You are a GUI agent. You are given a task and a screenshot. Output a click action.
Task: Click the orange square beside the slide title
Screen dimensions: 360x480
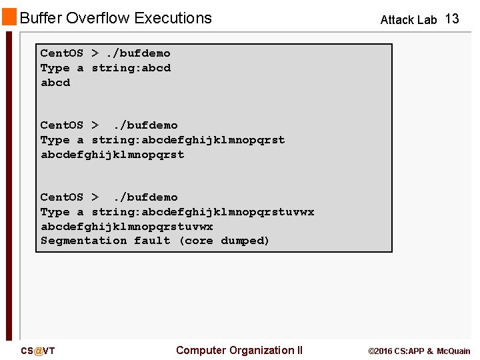point(9,17)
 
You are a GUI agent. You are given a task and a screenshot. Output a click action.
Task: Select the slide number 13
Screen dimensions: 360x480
point(452,19)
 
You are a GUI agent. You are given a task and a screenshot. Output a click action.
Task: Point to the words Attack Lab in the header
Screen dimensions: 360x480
point(408,20)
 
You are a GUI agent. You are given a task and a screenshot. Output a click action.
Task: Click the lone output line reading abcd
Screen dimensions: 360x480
point(55,83)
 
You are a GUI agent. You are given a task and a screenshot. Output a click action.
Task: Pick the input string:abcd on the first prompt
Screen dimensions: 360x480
point(131,68)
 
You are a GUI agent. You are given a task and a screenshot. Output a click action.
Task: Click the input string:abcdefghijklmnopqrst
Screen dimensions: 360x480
point(188,140)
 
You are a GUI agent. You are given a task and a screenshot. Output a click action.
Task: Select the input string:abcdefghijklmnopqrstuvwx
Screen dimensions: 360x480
point(203,212)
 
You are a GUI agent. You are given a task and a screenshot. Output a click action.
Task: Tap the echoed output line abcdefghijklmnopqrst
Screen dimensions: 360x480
point(112,155)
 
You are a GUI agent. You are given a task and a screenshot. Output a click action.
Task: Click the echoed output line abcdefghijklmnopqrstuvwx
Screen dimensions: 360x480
point(127,227)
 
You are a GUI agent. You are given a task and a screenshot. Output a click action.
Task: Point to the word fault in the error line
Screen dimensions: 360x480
point(152,241)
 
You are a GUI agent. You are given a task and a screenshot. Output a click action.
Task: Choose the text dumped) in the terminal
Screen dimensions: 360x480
point(245,241)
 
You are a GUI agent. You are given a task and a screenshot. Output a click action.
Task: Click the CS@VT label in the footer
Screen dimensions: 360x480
point(38,351)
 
